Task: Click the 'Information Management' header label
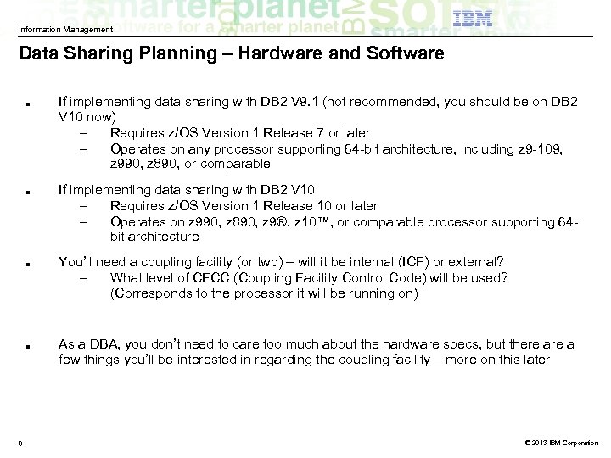click(65, 31)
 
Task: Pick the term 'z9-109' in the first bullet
click(544, 148)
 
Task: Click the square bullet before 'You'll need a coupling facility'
click(29, 265)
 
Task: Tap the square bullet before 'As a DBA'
click(29, 346)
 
